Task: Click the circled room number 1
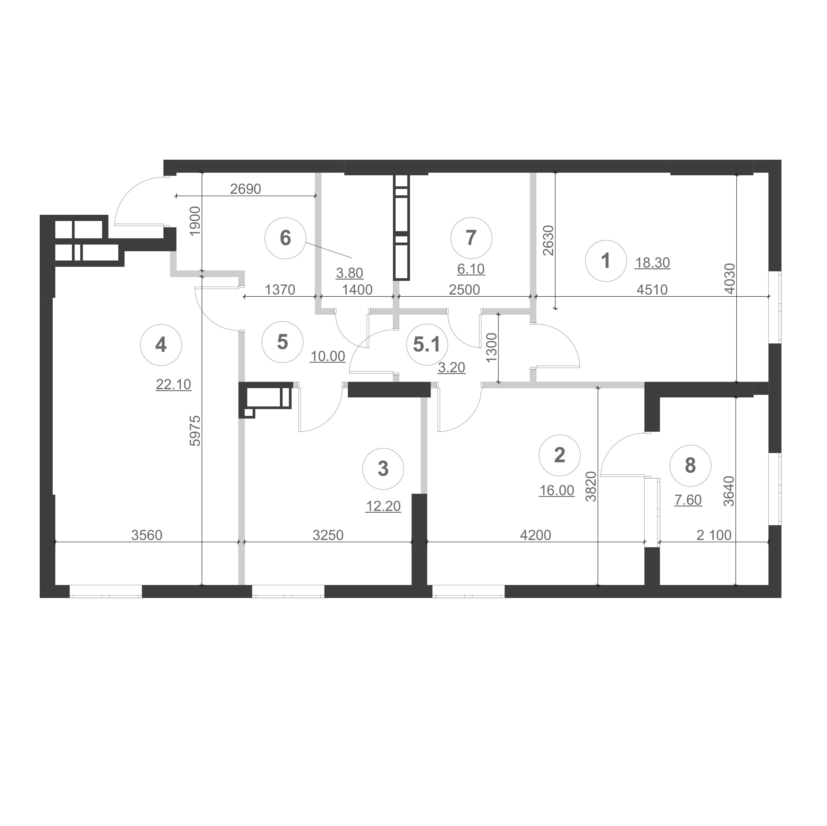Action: point(606,261)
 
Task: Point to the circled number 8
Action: point(690,465)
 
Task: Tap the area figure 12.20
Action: point(383,506)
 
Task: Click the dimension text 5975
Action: point(195,431)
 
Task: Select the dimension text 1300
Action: point(492,348)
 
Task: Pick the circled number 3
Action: point(383,469)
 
